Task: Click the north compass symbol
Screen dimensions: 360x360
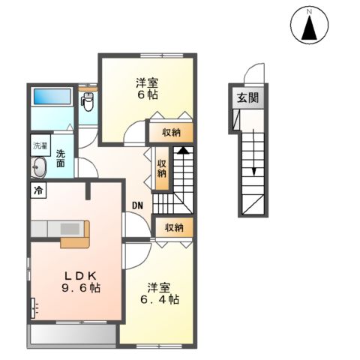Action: [x=309, y=26]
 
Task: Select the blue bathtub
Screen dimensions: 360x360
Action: [x=51, y=97]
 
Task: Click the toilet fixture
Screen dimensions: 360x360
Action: [x=89, y=104]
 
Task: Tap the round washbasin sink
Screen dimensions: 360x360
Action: [x=38, y=166]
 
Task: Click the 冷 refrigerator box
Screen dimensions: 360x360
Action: [x=37, y=190]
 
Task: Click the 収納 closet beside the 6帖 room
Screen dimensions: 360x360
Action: [x=171, y=132]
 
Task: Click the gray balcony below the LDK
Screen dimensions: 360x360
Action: [x=72, y=335]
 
